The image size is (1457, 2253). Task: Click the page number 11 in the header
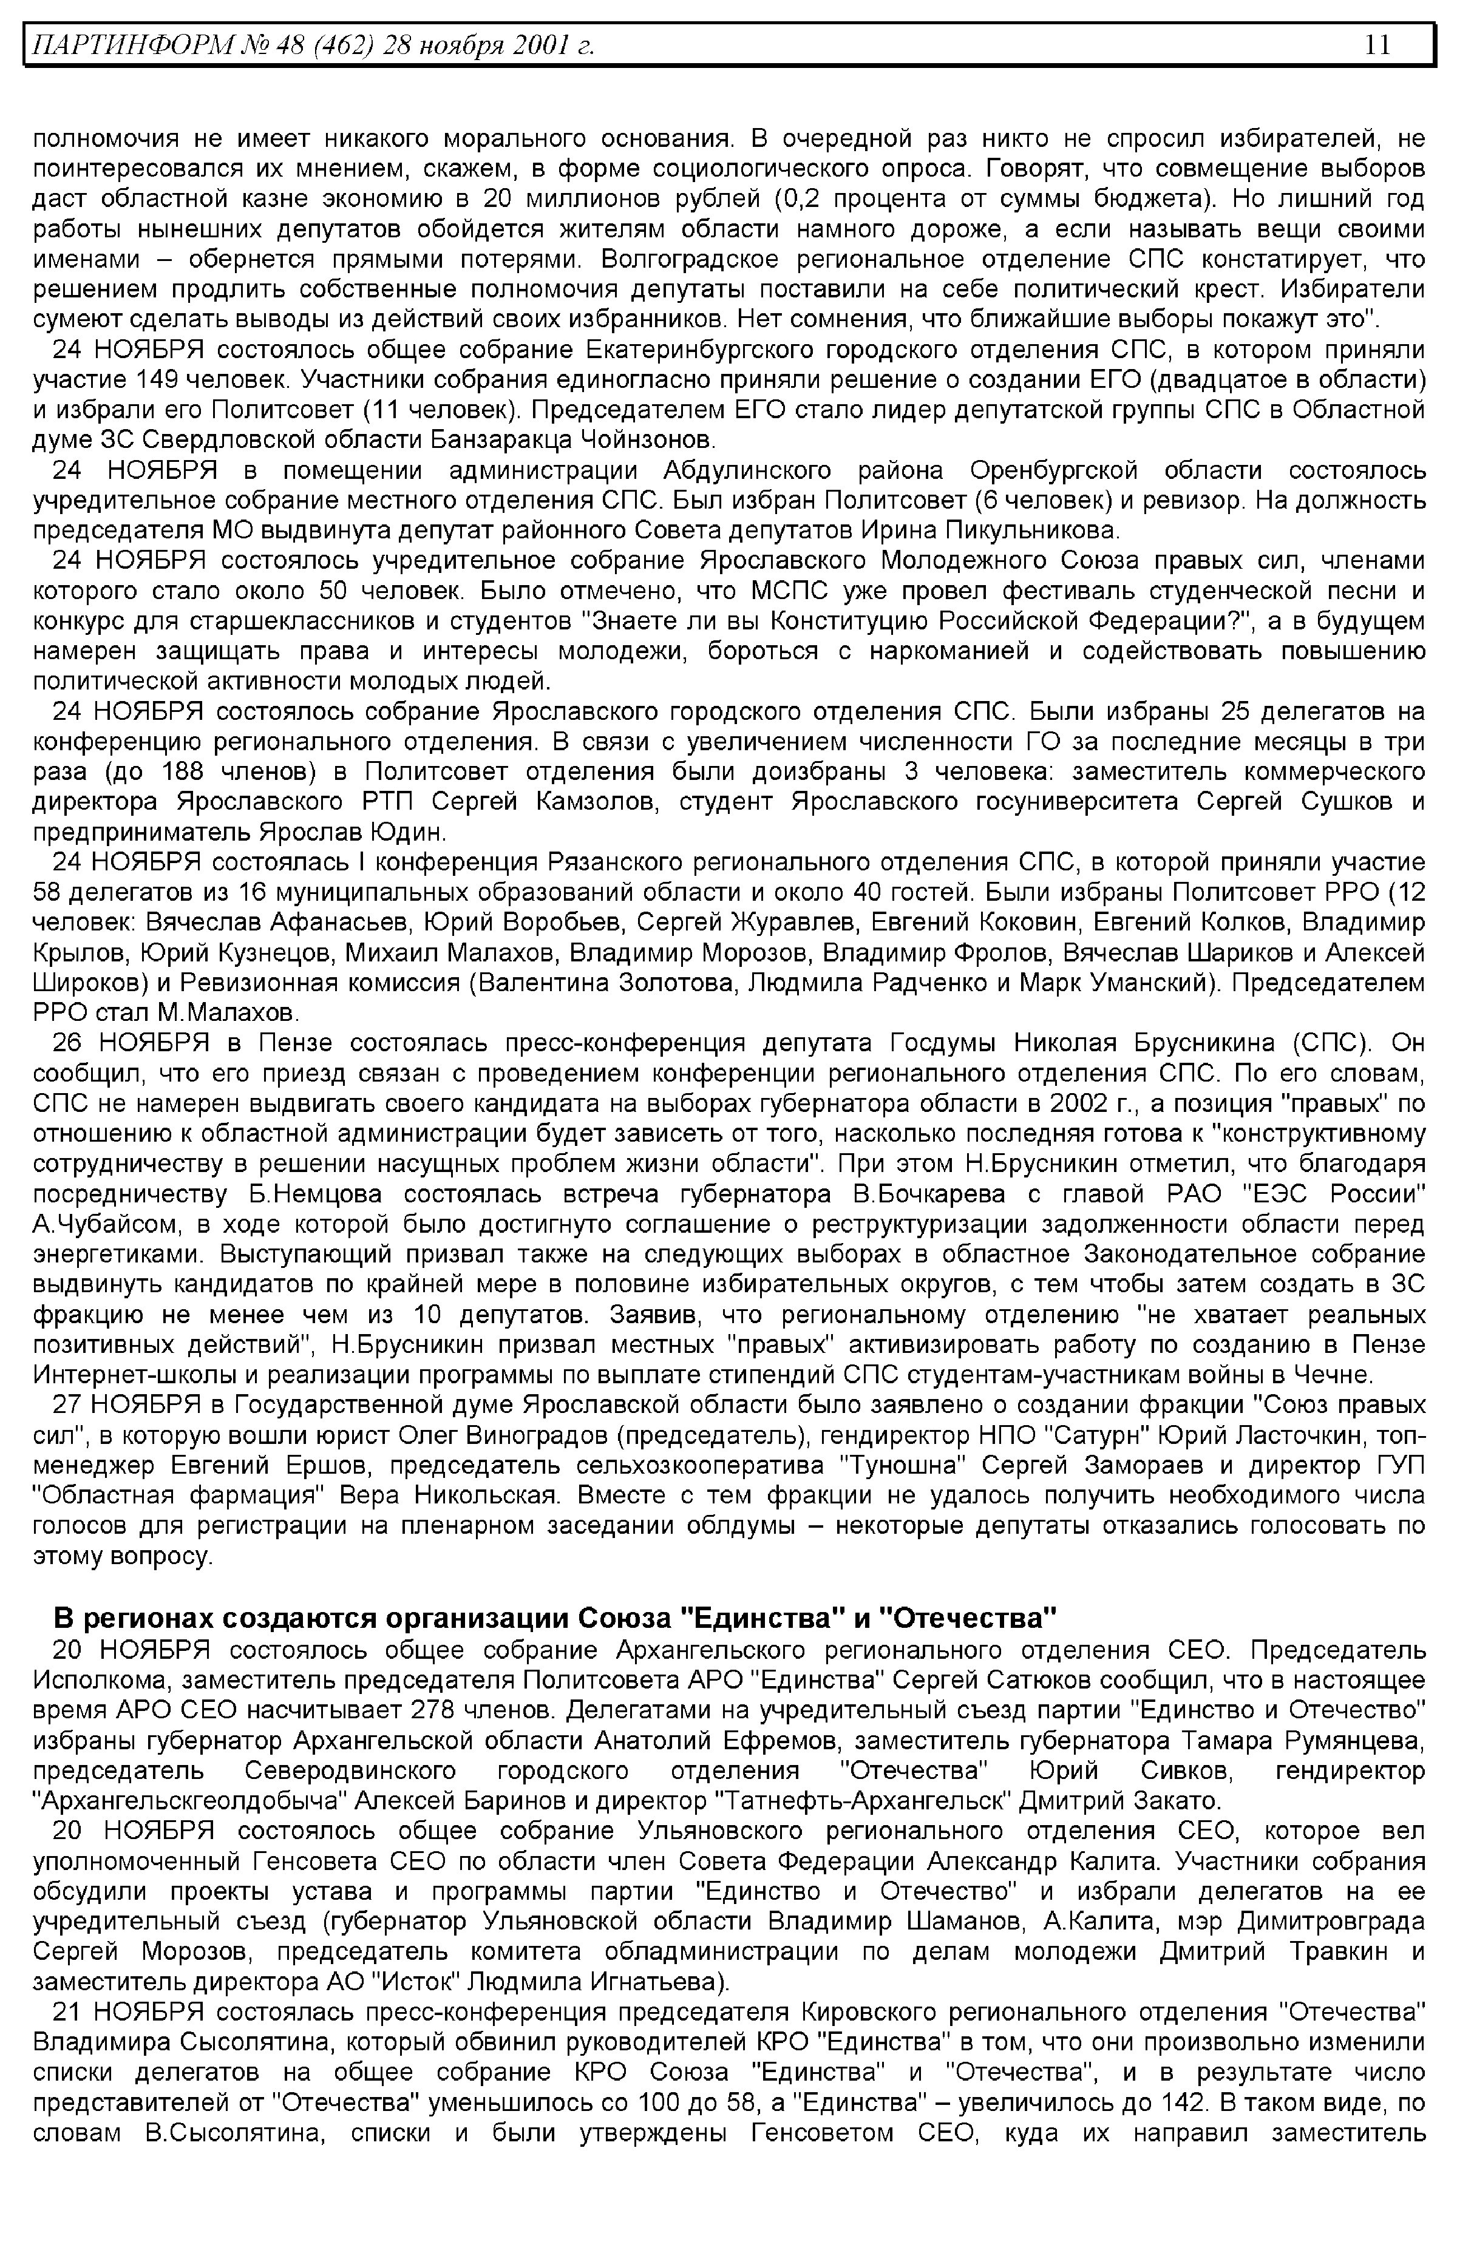(1377, 44)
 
